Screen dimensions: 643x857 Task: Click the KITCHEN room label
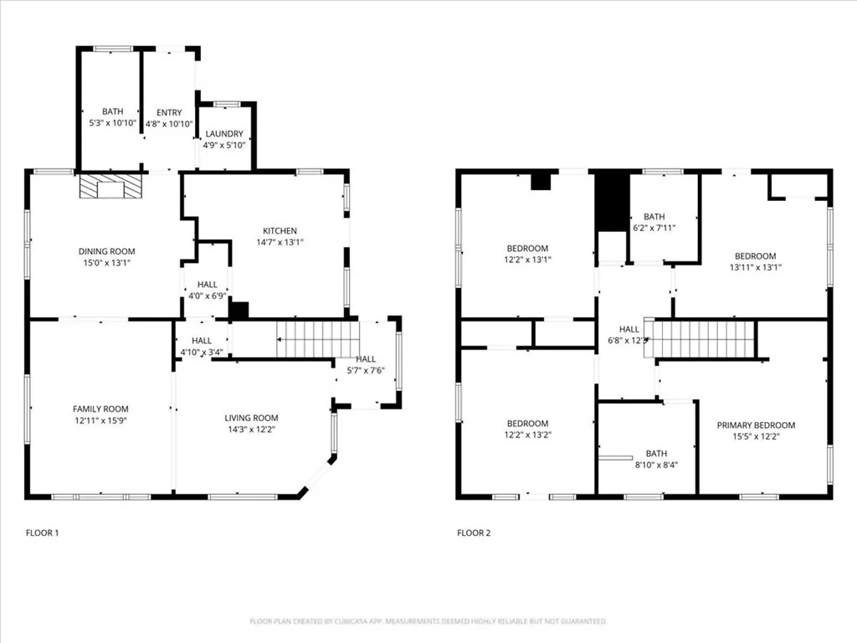point(280,231)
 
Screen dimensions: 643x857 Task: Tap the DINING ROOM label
point(106,251)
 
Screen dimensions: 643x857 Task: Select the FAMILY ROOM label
point(100,409)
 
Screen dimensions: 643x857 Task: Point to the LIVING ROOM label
point(251,418)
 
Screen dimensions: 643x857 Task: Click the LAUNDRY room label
point(223,134)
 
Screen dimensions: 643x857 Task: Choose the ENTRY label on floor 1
point(168,112)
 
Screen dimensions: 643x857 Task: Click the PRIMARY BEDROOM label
point(756,425)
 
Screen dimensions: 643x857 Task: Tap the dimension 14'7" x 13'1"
point(280,242)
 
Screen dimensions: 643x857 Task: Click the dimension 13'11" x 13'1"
point(755,268)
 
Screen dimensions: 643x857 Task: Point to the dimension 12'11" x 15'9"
point(100,420)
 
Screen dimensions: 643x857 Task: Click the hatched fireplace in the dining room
point(110,186)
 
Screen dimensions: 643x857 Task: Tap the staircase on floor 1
point(318,338)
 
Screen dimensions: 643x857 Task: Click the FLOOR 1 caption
point(42,532)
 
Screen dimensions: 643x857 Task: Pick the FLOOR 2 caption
point(474,532)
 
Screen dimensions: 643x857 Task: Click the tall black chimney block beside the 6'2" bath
point(612,201)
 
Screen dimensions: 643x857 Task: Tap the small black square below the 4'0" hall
point(239,310)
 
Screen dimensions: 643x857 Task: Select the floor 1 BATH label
point(112,112)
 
